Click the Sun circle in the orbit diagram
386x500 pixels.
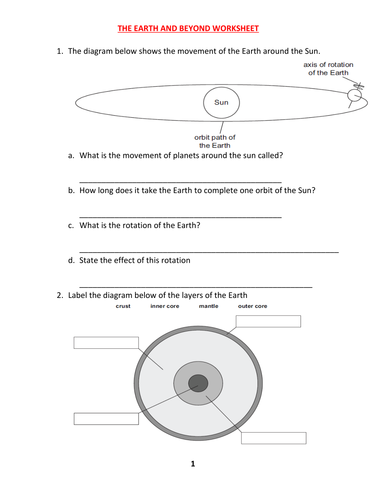click(220, 102)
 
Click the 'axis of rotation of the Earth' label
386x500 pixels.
click(328, 68)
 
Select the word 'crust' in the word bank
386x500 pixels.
click(123, 306)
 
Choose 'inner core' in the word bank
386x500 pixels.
click(164, 306)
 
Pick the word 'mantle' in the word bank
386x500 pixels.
click(208, 306)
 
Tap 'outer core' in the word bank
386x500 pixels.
click(252, 306)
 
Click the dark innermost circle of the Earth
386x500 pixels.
click(198, 383)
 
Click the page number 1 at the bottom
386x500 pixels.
click(192, 464)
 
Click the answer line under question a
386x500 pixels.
click(180, 181)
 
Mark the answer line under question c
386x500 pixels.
click(208, 250)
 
